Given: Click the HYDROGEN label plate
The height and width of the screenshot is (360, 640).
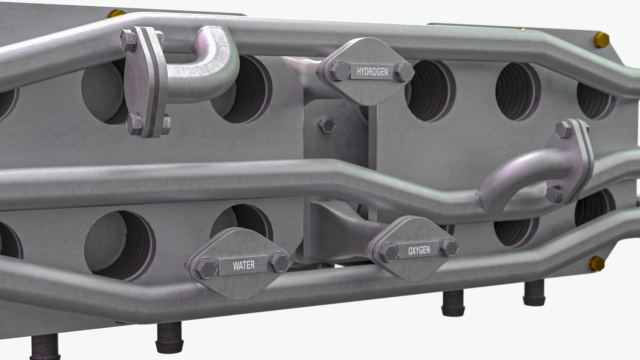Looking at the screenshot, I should [x=372, y=72].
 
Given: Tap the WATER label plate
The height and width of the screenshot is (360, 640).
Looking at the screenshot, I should [x=244, y=265].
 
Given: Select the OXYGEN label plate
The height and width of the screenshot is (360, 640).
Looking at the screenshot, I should [x=419, y=250].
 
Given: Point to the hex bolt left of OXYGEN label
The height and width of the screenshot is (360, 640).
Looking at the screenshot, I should [x=389, y=252].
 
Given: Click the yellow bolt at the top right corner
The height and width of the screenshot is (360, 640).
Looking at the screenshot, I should [x=601, y=40].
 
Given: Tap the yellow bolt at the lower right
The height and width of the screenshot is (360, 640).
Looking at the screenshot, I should [x=596, y=263].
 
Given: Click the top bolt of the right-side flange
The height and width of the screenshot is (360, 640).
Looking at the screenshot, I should [x=563, y=130].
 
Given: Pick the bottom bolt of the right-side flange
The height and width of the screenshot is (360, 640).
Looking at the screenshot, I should [x=555, y=194].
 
